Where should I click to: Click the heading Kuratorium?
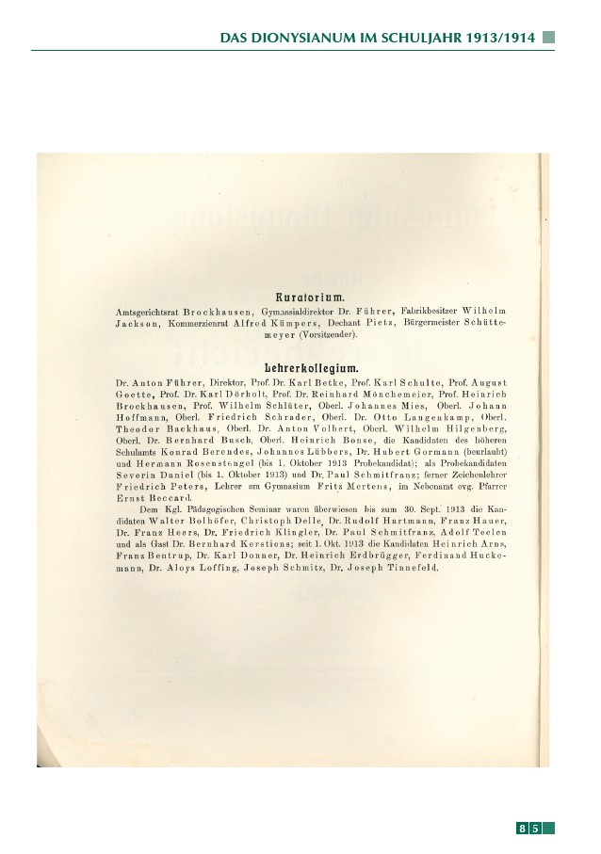pyautogui.click(x=300, y=297)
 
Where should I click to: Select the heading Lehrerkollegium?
pyautogui.click(x=300, y=367)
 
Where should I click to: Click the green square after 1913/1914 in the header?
pyautogui.click(x=548, y=38)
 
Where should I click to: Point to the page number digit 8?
pyautogui.click(x=521, y=829)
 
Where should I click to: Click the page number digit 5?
pyautogui.click(x=535, y=829)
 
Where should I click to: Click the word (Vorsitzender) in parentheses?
pyautogui.click(x=329, y=335)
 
